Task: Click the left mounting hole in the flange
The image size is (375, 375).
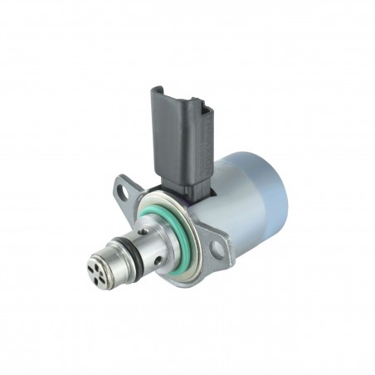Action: tap(124, 192)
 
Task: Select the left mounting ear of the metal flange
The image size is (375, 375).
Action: tap(125, 190)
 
